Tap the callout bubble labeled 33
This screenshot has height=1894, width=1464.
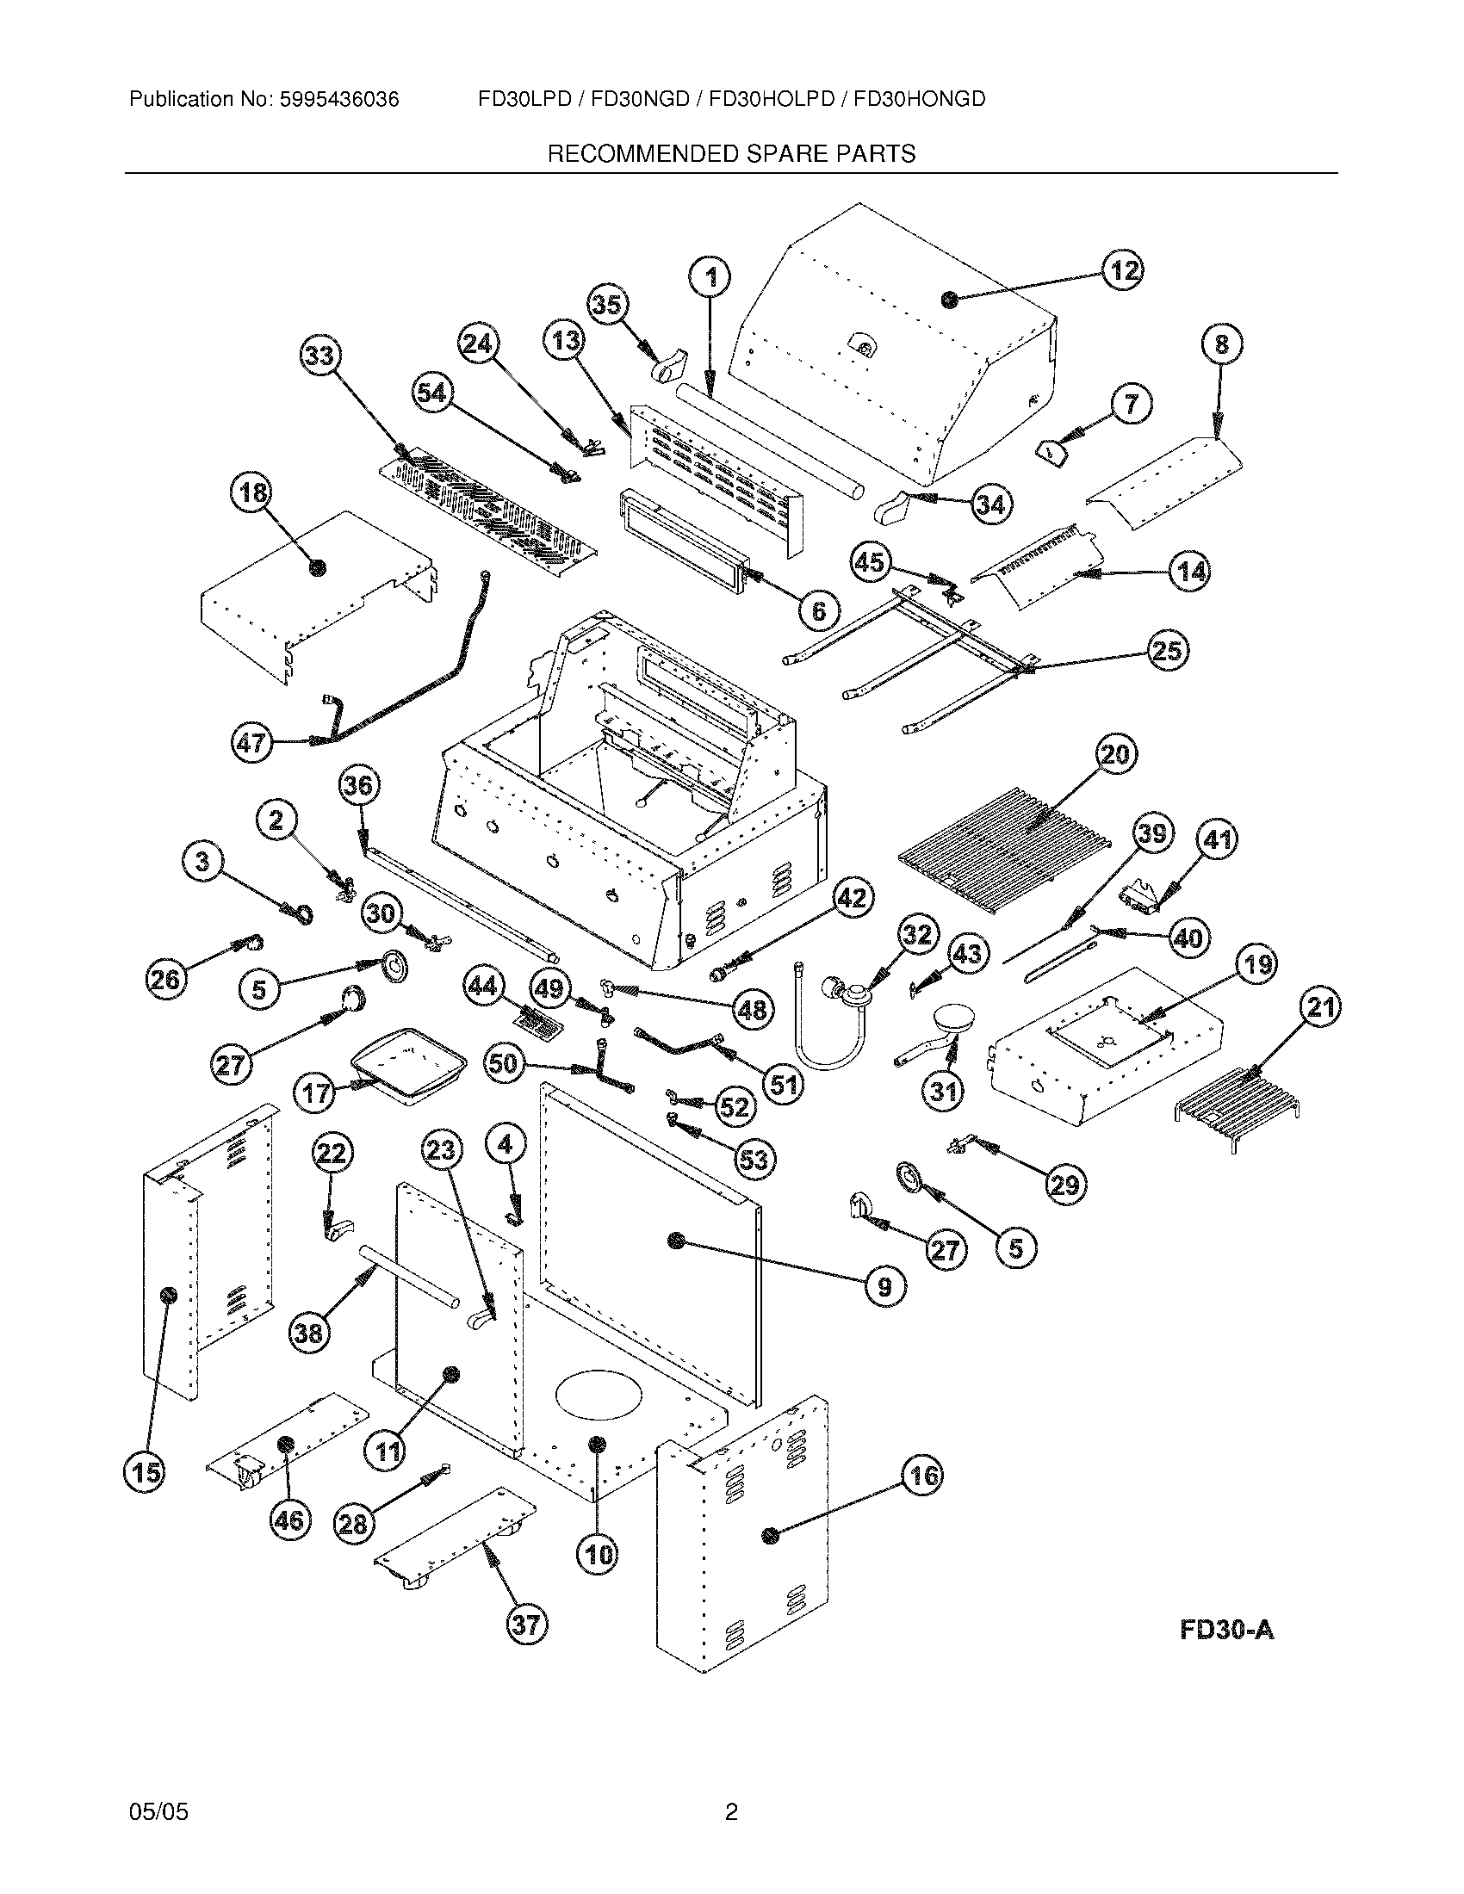tap(321, 356)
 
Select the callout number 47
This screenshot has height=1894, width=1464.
tap(251, 743)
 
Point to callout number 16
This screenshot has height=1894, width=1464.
tap(922, 1475)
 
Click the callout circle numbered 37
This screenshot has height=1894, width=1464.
tap(526, 1624)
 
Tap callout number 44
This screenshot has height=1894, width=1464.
tap(482, 986)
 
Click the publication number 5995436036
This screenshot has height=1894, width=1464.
tap(338, 100)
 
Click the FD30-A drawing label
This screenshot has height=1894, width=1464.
tap(1226, 1631)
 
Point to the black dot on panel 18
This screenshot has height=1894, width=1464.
tap(319, 568)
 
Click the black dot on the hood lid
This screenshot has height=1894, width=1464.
tap(950, 300)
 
